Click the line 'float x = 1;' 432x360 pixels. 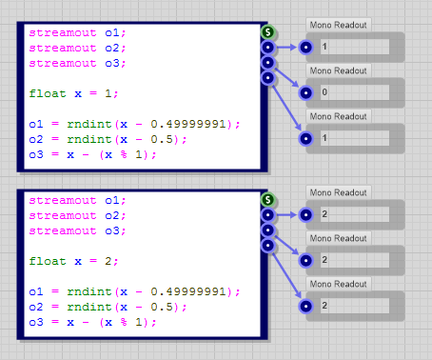coord(66,94)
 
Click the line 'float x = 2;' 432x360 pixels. coord(66,261)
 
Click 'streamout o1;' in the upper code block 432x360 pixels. coord(77,32)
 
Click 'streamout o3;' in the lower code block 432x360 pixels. coord(77,230)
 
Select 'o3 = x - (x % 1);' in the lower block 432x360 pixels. coord(92,322)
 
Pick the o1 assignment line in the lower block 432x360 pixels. coord(134,291)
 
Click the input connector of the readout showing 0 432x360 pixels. coord(305,92)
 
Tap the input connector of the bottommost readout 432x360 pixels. coord(305,305)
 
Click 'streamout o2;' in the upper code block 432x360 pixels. coord(77,48)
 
